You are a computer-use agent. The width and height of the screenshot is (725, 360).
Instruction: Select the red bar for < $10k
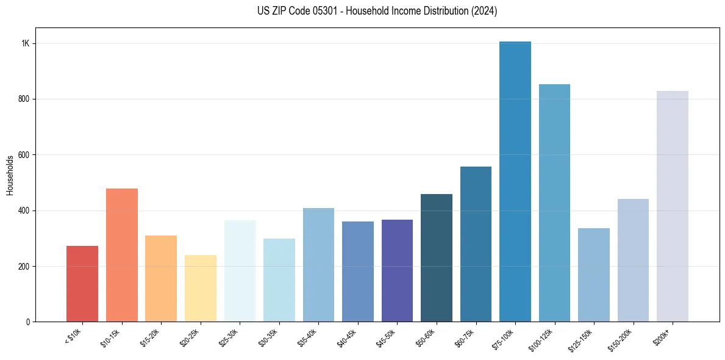coord(82,284)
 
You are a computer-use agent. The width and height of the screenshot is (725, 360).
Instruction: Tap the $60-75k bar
coord(476,244)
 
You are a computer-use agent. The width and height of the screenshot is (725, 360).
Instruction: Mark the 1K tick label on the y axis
coord(26,44)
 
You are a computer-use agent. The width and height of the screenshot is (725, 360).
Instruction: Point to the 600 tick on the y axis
coord(24,155)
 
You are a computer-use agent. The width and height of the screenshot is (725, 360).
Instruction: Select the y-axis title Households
coord(10,175)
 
